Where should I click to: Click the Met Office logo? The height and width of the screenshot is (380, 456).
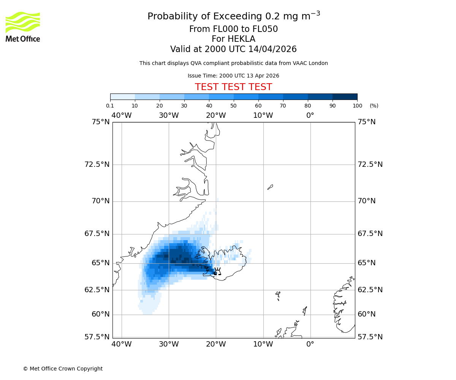23,27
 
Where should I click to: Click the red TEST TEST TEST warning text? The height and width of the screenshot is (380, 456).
233,87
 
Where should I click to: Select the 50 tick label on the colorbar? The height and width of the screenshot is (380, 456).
234,106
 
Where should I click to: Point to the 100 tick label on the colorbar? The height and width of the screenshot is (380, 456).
357,106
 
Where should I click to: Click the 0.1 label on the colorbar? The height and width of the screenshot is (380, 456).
110,106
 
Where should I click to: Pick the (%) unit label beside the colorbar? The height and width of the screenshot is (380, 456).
374,106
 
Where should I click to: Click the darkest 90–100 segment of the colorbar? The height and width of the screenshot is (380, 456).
345,97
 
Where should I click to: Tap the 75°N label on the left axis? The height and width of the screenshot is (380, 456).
101,122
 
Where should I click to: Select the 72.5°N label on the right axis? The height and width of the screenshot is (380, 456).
370,165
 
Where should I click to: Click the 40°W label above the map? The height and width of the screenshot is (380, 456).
122,115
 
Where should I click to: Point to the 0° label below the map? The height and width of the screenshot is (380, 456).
310,344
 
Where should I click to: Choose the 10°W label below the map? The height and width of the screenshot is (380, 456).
263,344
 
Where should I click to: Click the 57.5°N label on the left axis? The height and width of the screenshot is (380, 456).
97,337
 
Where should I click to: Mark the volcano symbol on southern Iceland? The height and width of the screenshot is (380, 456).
217,271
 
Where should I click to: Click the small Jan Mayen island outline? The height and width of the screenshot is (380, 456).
270,187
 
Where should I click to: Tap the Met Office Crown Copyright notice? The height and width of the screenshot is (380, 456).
63,369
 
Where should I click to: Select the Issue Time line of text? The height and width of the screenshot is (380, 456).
233,76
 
